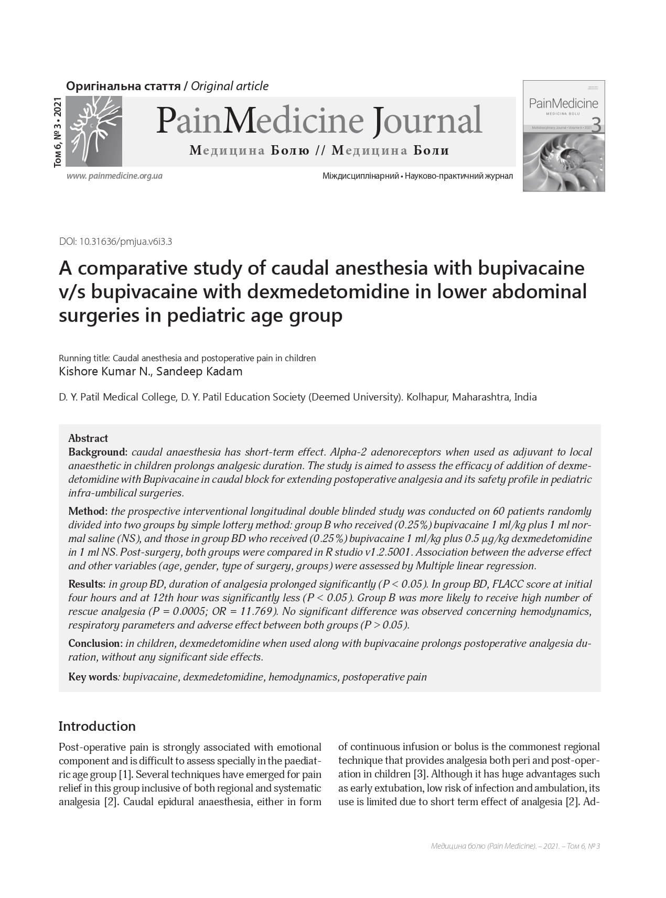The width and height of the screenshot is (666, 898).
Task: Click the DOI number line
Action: click(116, 242)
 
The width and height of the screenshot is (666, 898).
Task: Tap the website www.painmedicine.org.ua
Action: click(114, 176)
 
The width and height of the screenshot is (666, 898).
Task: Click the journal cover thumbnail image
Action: click(564, 136)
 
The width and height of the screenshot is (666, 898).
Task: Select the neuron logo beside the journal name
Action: click(93, 132)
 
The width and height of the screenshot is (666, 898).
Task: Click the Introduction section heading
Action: click(97, 726)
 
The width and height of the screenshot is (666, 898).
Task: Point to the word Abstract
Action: click(88, 438)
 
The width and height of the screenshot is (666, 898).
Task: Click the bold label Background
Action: click(98, 452)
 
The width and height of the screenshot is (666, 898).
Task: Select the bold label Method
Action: click(88, 511)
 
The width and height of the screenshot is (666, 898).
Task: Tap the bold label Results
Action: click(87, 584)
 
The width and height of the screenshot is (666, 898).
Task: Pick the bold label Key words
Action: click(93, 677)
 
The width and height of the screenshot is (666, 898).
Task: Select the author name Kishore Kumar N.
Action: click(105, 372)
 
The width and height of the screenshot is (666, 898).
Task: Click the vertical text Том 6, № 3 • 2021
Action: click(58, 132)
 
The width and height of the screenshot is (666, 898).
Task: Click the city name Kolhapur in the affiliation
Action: click(426, 397)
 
